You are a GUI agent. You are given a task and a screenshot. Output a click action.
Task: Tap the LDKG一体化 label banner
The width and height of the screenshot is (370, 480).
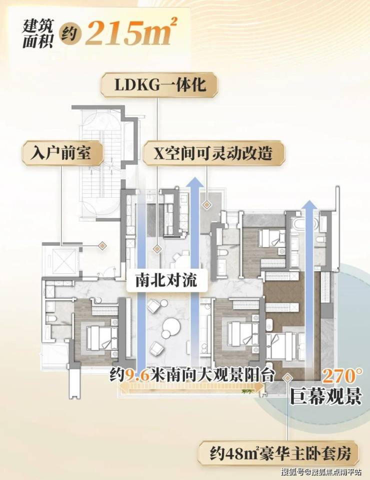(x=159, y=85)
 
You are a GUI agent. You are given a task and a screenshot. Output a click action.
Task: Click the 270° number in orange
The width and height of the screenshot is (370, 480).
(x=342, y=376)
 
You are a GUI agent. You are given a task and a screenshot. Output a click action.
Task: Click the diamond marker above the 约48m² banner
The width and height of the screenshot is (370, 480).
(x=287, y=378)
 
